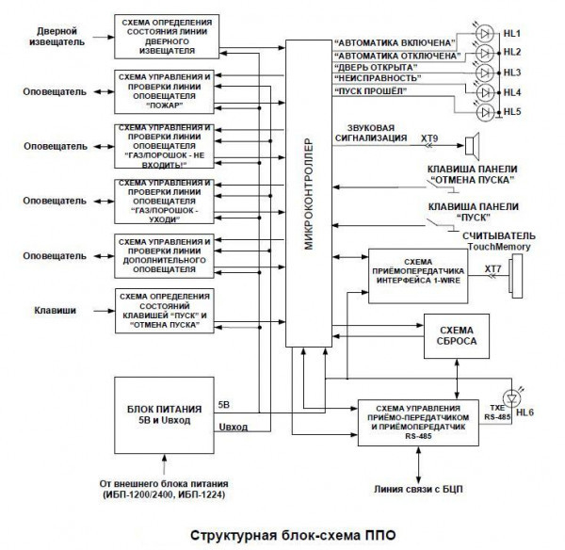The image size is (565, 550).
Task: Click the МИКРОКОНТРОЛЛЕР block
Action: (310, 193)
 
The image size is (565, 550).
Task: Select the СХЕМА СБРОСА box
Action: (458, 337)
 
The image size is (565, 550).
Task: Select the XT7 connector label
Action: (492, 269)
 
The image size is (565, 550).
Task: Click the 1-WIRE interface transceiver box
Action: (417, 274)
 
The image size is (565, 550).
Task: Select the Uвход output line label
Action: (234, 427)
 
